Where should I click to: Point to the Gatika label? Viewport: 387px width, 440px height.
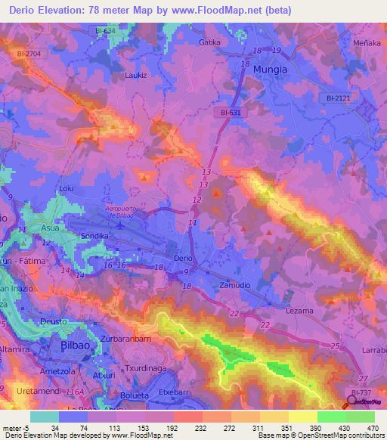[209, 42]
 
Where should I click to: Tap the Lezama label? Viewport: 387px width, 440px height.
[299, 310]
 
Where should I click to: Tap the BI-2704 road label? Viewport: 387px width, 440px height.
[27, 54]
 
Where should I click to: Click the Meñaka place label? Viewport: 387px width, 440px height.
[368, 43]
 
